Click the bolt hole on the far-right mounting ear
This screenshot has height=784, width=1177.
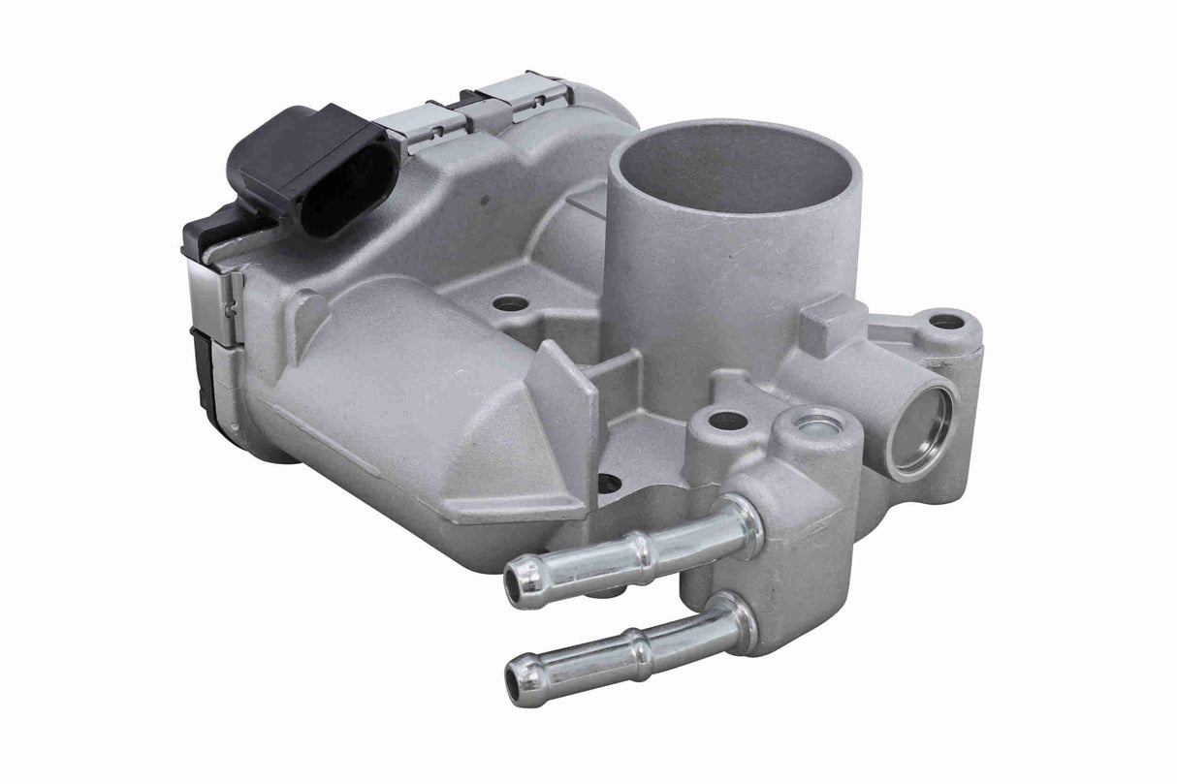click(x=945, y=321)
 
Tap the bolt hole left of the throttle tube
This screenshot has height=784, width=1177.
click(x=510, y=303)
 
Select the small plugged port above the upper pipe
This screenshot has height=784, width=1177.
click(x=814, y=423)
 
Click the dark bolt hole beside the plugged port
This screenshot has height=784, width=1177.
click(x=728, y=422)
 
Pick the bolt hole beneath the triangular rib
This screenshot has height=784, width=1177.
click(x=609, y=482)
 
